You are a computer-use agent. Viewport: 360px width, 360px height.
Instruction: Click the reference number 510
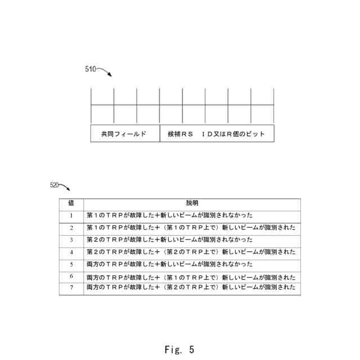pos(90,69)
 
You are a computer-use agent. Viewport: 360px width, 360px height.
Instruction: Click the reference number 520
pos(55,184)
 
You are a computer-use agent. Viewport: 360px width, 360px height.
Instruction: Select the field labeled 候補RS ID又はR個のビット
pos(217,134)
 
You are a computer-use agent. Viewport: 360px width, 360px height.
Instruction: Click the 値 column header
pos(71,203)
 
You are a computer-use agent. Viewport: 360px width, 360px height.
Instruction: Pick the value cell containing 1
pos(71,215)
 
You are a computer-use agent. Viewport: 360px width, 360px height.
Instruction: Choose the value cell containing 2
pos(71,228)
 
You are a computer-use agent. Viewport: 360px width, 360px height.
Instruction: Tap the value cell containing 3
pos(71,240)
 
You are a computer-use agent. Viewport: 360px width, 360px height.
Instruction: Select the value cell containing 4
pos(71,252)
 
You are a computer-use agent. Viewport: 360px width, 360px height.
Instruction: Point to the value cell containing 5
pos(71,264)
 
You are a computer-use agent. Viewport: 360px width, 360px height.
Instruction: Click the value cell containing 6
pos(71,276)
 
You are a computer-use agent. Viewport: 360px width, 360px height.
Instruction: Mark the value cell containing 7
pos(71,287)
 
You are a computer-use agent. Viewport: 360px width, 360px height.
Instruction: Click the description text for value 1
pos(169,215)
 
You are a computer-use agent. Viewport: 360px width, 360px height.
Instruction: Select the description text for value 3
pos(169,240)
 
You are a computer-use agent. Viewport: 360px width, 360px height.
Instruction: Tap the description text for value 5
pos(169,264)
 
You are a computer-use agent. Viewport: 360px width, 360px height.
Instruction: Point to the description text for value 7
pos(191,287)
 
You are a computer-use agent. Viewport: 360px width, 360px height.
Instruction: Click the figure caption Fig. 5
pos(179,350)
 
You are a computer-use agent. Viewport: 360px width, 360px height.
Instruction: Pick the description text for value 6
pos(191,277)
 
